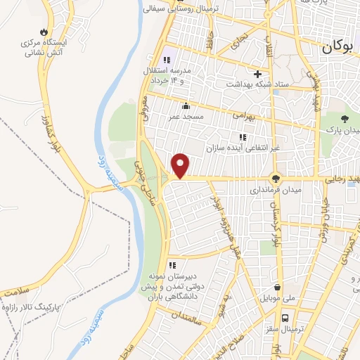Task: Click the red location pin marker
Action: (181, 165)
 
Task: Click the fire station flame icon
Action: (44, 32)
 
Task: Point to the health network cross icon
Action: (257, 74)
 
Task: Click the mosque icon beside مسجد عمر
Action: (184, 106)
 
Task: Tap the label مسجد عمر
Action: (184, 116)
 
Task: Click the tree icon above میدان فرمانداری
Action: (276, 179)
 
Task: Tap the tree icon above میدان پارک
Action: (344, 119)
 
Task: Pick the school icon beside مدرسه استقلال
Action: (167, 60)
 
